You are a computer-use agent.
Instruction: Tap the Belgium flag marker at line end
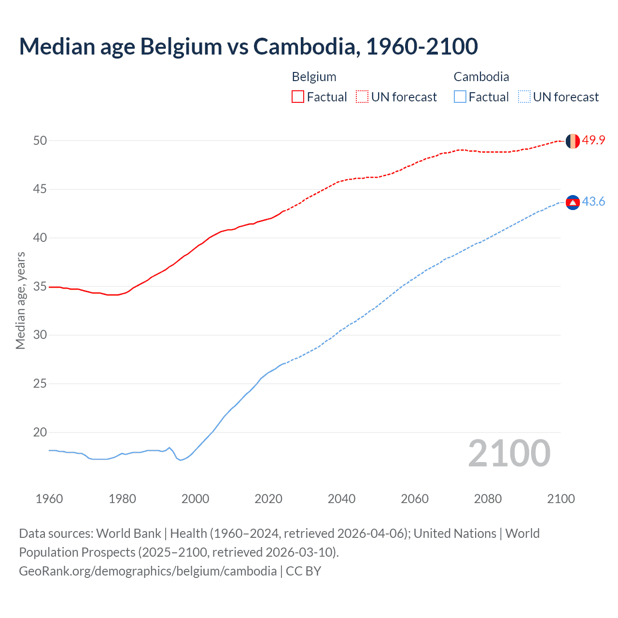573,141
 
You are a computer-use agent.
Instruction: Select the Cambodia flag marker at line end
573,202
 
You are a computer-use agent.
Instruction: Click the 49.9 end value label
593,140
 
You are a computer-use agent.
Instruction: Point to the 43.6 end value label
593,202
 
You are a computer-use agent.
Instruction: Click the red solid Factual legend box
298,97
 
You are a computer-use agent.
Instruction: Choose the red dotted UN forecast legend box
362,97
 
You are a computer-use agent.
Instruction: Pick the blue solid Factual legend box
460,97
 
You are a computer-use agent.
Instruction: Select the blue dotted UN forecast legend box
524,97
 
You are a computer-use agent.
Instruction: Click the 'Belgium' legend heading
314,77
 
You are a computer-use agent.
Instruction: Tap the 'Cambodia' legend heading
481,77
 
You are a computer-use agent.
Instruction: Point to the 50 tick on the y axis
40,140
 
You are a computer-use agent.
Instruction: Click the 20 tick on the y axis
40,432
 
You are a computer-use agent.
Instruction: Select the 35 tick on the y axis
40,286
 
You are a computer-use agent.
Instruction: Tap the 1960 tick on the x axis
49,499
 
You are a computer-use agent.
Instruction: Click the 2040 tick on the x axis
341,499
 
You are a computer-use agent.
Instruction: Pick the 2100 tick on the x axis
561,499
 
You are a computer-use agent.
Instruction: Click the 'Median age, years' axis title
20,300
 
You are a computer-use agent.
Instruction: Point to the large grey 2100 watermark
509,453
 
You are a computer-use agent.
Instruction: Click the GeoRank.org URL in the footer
148,571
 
